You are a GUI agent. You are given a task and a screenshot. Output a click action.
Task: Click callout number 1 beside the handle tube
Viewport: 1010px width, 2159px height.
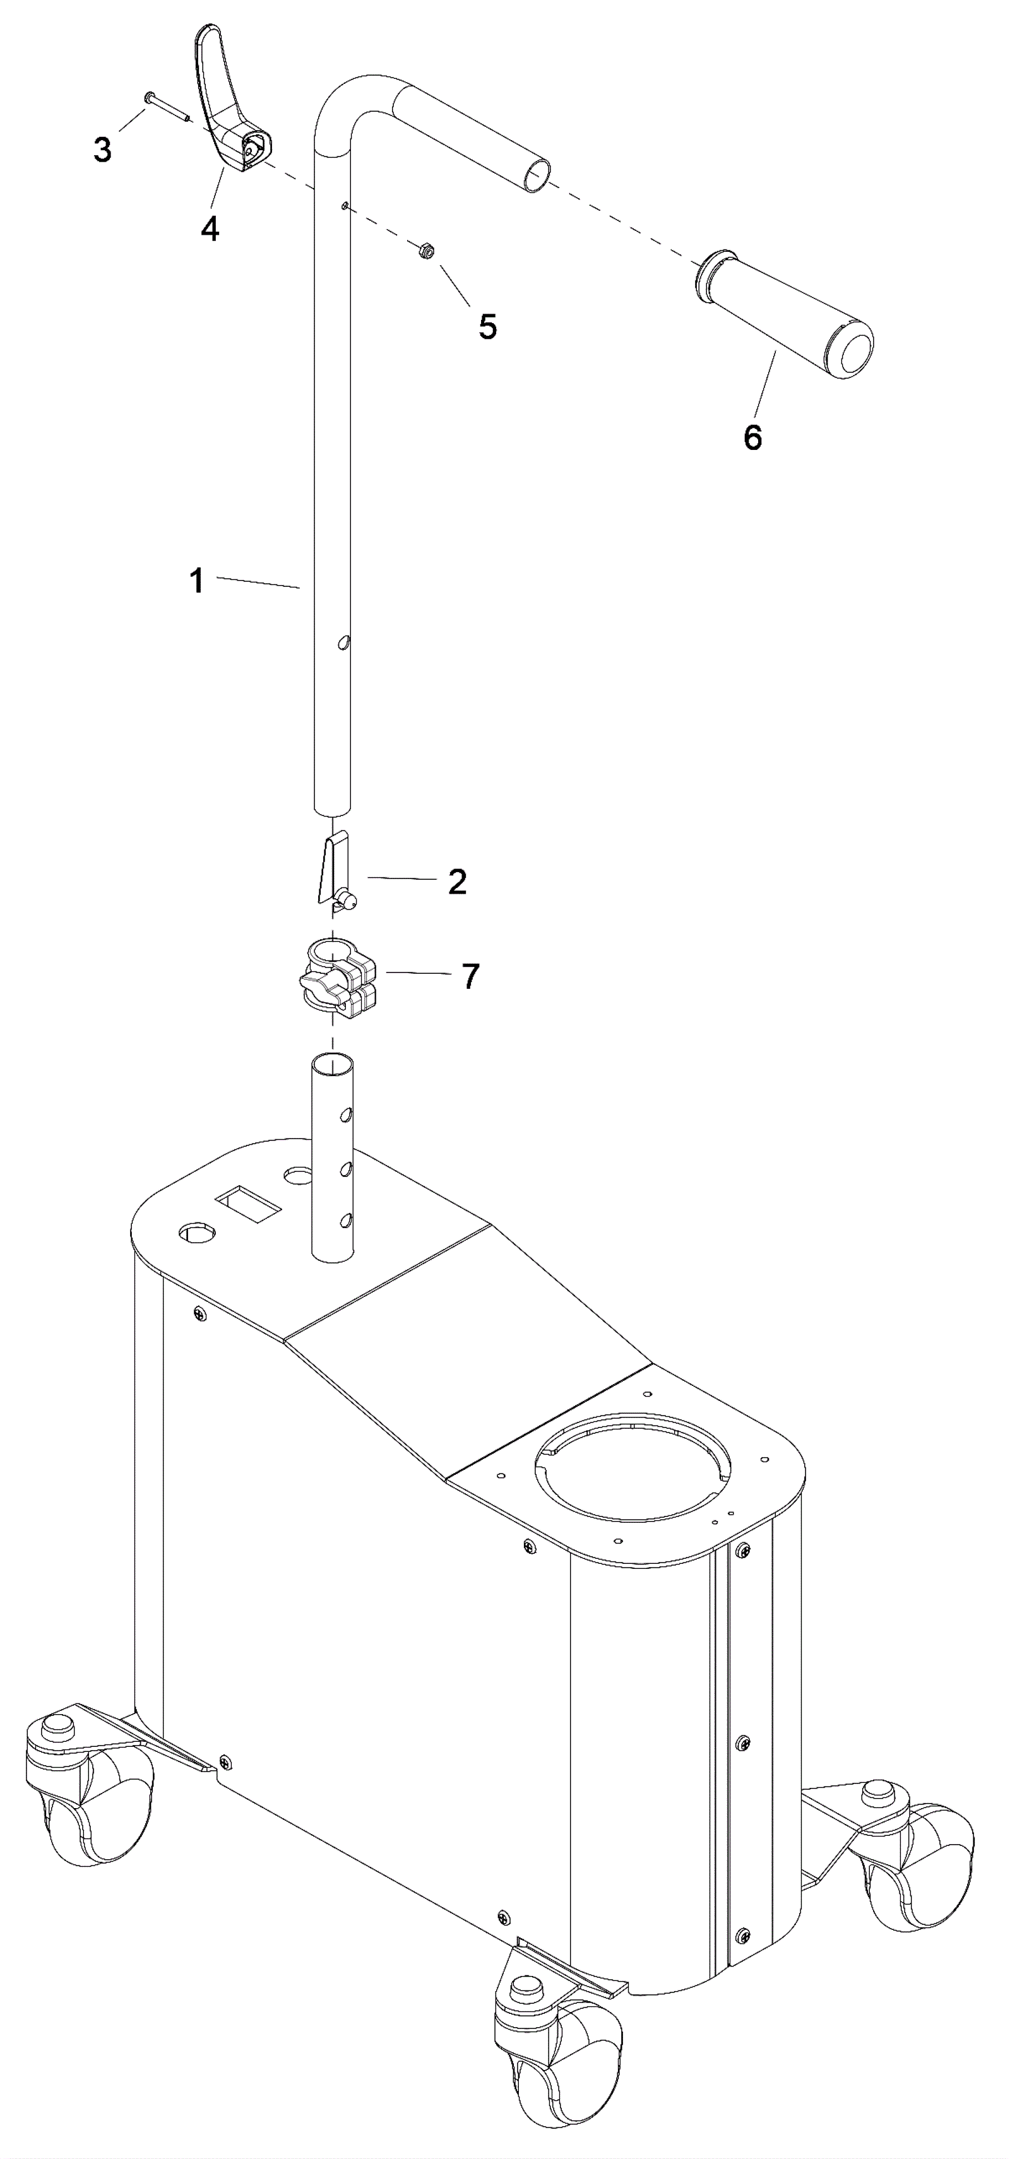[197, 581]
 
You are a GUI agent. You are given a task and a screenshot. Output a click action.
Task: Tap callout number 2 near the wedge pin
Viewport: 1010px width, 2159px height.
[457, 882]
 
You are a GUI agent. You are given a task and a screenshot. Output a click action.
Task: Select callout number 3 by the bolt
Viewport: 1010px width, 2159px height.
[102, 150]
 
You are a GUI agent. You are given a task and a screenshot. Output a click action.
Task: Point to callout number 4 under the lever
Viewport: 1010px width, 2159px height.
[210, 227]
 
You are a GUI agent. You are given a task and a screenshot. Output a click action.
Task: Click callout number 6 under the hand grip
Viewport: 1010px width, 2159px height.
[752, 437]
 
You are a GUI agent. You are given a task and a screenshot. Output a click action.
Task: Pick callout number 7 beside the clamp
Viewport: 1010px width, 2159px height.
[471, 976]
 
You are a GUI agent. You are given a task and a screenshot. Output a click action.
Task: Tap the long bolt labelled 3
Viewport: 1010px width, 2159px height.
[168, 108]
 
